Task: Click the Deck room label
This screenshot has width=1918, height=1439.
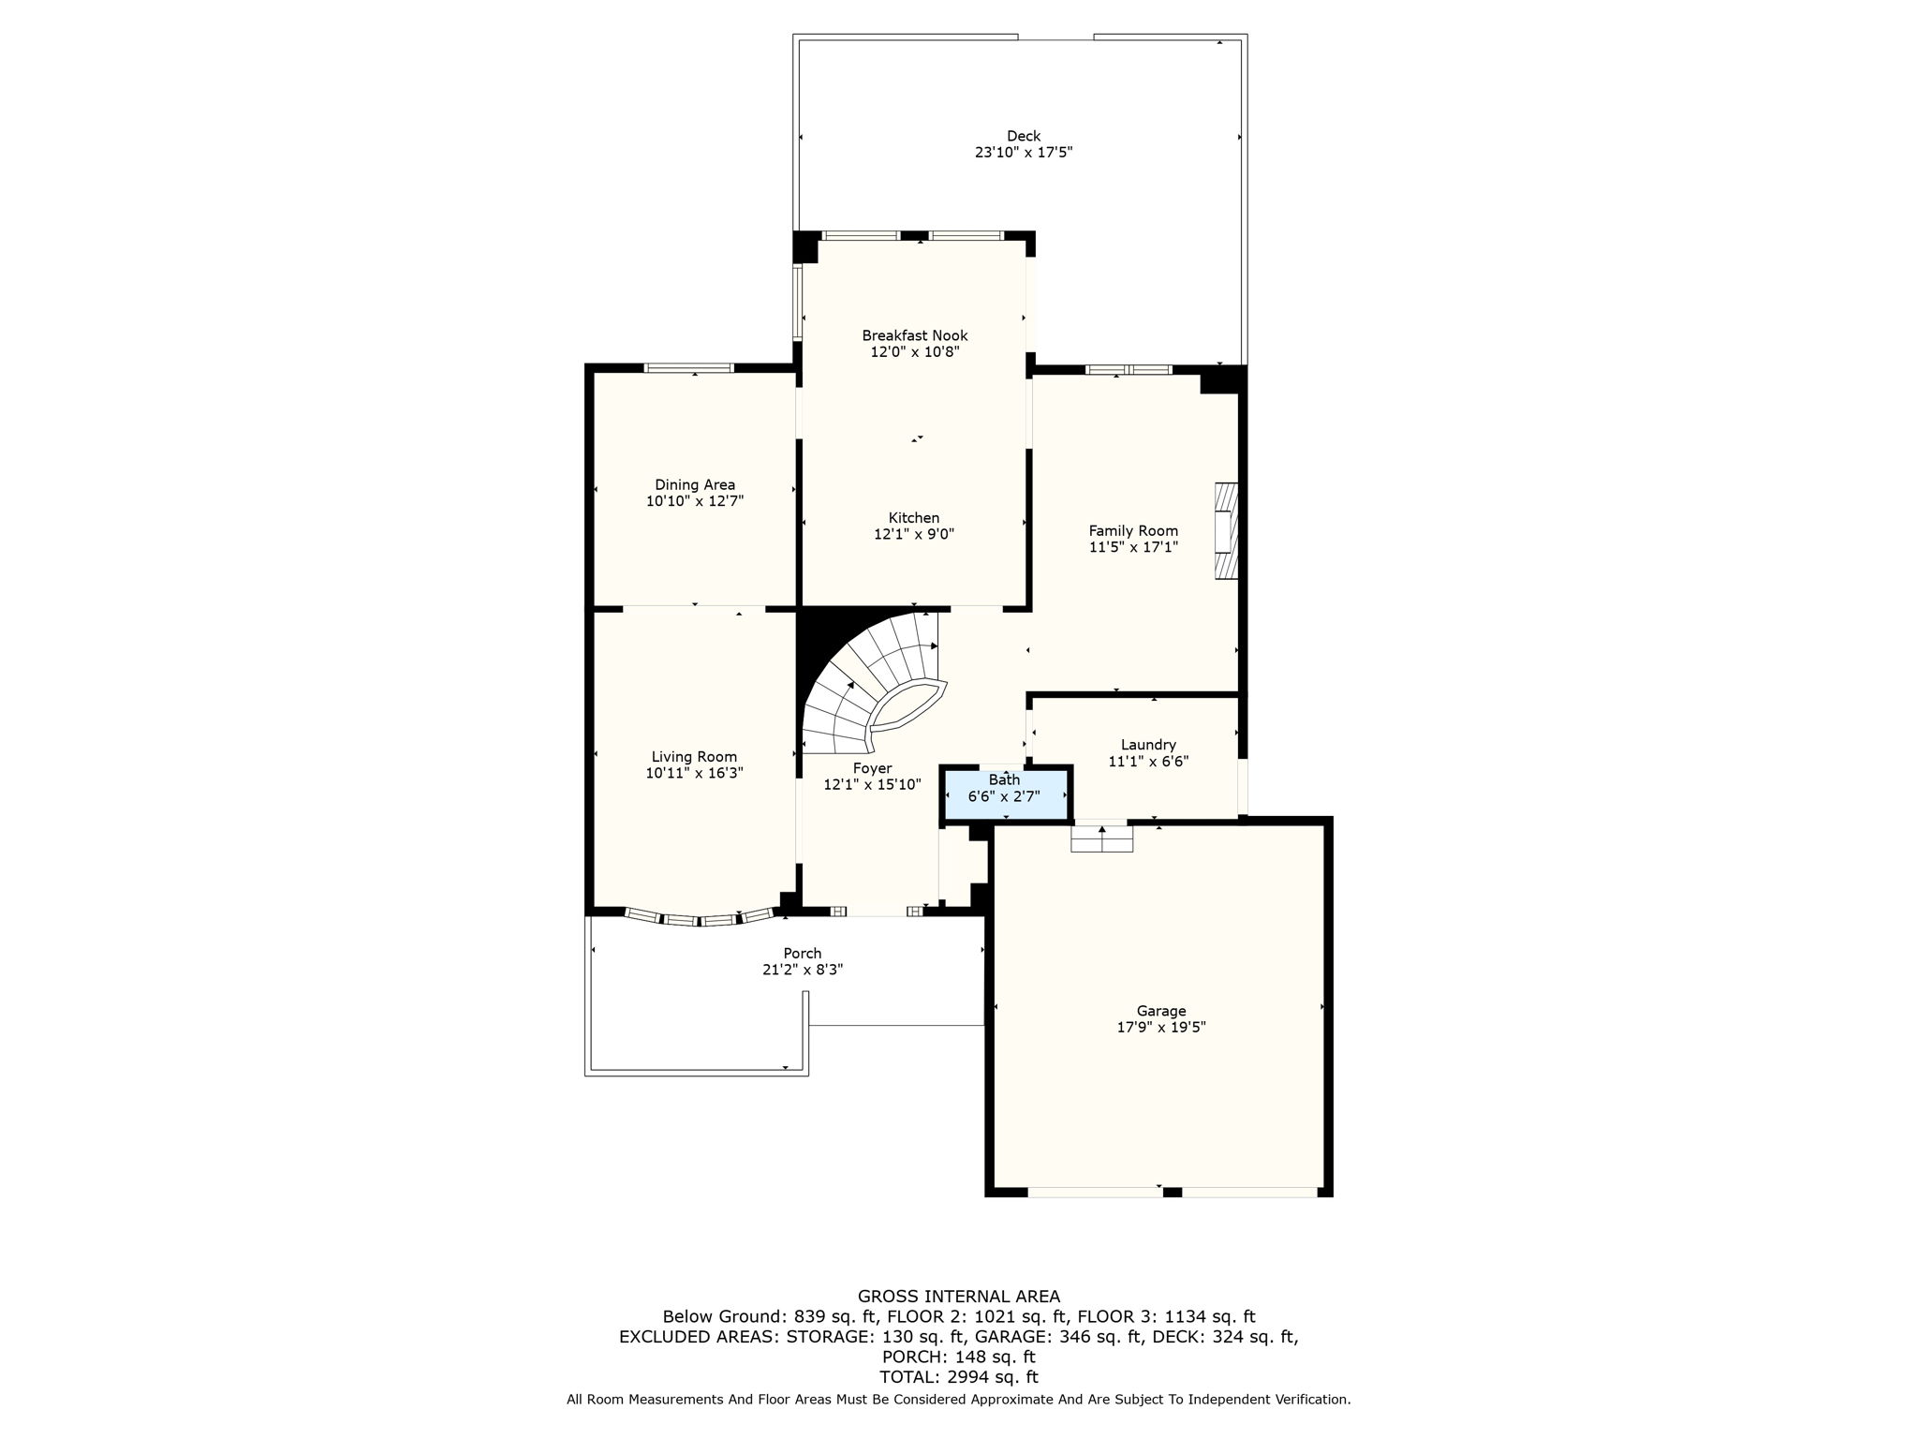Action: point(1023,136)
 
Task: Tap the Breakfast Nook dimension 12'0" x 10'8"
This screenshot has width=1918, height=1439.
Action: point(914,352)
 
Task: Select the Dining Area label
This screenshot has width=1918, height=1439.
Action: point(694,484)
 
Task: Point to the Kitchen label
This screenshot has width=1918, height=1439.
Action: point(913,518)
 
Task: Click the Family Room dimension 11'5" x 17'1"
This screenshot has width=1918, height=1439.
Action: point(1132,547)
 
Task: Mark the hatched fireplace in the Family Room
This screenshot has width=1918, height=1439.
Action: point(1226,530)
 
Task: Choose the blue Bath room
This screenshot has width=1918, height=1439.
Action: point(1005,794)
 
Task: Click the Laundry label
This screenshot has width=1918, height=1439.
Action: point(1147,745)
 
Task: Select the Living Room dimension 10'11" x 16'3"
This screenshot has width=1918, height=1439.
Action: point(694,773)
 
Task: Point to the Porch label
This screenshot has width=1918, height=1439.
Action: point(802,954)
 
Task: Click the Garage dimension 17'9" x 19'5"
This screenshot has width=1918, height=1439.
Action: point(1160,1027)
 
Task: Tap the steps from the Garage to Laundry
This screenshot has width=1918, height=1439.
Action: point(1101,838)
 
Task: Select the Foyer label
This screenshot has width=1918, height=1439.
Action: point(871,768)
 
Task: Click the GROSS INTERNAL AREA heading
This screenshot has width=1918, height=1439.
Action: point(958,1297)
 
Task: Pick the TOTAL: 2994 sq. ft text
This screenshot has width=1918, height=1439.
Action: point(958,1377)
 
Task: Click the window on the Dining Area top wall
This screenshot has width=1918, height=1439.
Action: point(689,368)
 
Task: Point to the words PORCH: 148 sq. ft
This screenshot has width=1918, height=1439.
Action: point(958,1357)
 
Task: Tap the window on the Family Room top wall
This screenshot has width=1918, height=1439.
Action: point(1128,370)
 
